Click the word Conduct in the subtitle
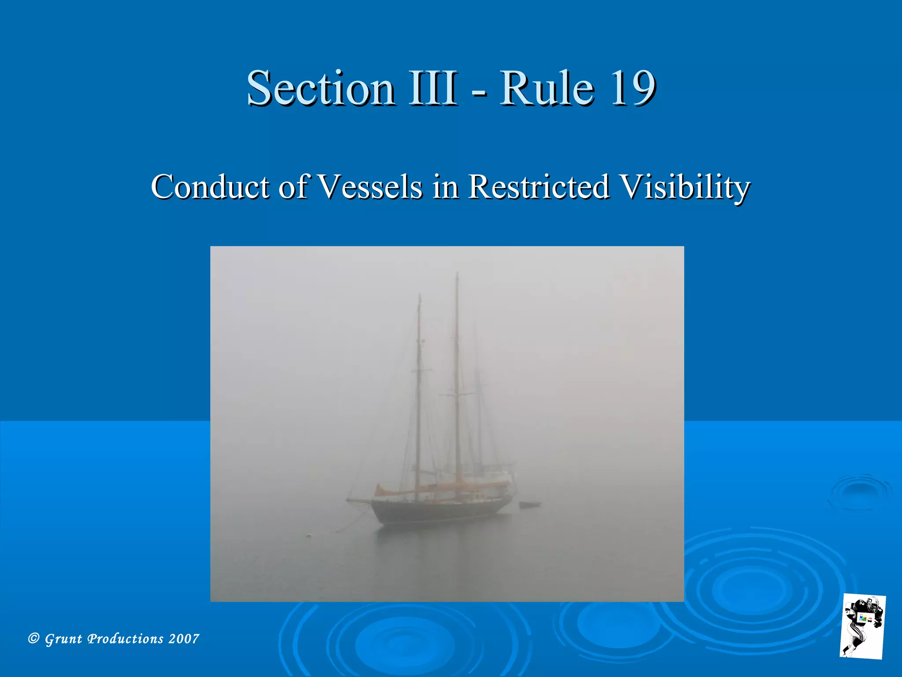pyautogui.click(x=211, y=187)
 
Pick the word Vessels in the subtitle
pyautogui.click(x=370, y=187)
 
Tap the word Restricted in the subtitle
pyautogui.click(x=538, y=187)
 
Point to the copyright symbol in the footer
pyautogui.click(x=33, y=638)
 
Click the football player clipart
pyautogui.click(x=862, y=626)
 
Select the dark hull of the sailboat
pyautogui.click(x=440, y=511)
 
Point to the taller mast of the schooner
pyautogui.click(x=457, y=375)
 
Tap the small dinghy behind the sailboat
pyautogui.click(x=530, y=504)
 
